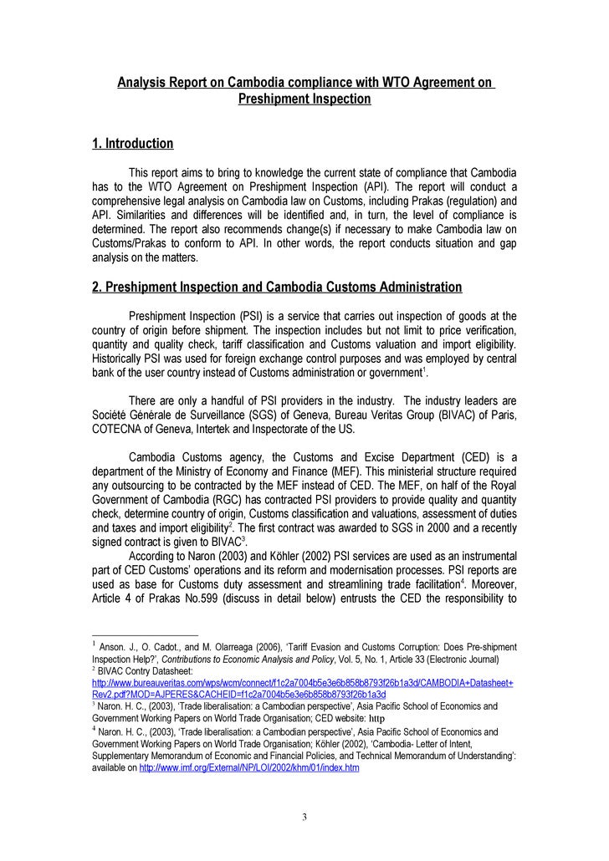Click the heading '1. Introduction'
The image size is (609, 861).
coord(132,144)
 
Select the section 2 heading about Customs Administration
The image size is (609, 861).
coord(276,288)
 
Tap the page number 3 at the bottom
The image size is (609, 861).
coord(304,817)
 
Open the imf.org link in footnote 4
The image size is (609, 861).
coord(248,767)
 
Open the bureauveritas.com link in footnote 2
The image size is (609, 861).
coord(302,683)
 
